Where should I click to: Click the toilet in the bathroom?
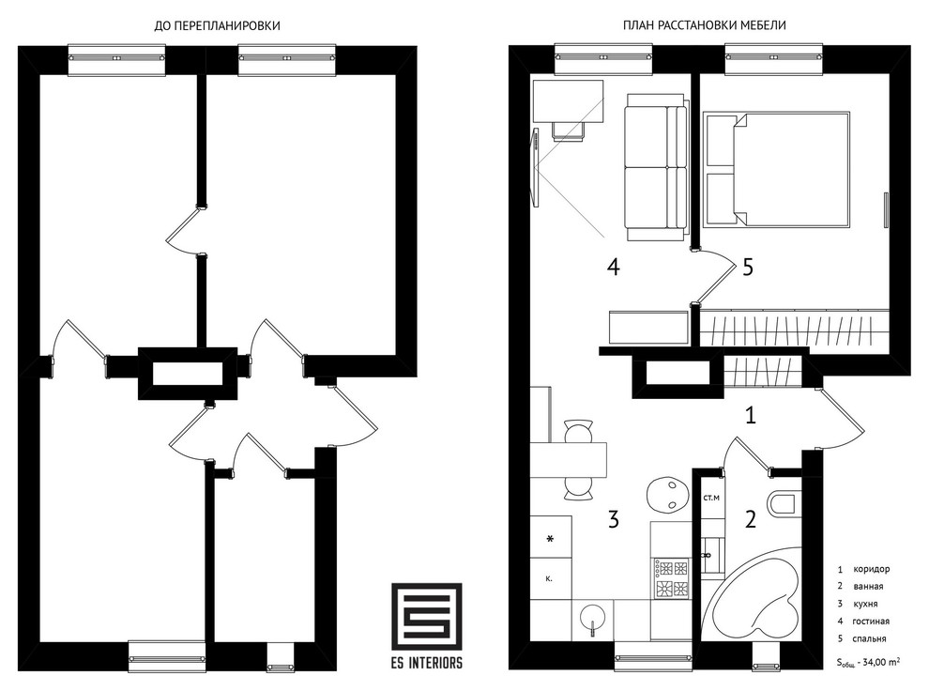[x=782, y=503]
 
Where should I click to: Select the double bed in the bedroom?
[x=777, y=169]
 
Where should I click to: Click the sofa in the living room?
[x=657, y=167]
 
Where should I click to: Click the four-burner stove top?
[x=672, y=578]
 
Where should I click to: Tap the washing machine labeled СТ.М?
[x=711, y=498]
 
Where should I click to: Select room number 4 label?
[x=613, y=267]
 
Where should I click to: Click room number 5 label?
[x=748, y=267]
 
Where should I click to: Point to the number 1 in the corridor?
[x=751, y=415]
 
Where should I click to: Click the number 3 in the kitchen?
[x=614, y=519]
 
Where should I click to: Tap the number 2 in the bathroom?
[x=751, y=519]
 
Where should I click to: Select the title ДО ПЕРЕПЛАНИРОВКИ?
[x=217, y=25]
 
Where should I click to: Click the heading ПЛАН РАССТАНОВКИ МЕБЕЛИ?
[x=705, y=25]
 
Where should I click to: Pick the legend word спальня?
[x=869, y=638]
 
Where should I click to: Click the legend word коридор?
[x=871, y=569]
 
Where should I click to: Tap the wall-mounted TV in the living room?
[x=536, y=168]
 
